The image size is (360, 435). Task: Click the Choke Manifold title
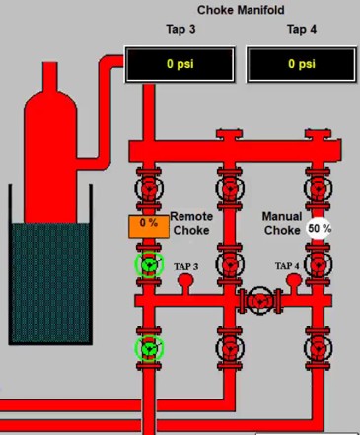tap(241, 10)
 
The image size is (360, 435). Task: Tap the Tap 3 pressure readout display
tap(180, 64)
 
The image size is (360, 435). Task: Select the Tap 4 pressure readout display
tap(302, 64)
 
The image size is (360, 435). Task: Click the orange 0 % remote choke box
tap(149, 227)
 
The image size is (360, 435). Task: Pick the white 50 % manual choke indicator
tap(319, 228)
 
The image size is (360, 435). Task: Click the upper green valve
tap(149, 264)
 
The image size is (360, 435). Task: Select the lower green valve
tap(149, 348)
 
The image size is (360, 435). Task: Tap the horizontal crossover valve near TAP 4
tap(260, 301)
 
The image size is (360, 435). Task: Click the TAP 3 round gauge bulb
tap(185, 281)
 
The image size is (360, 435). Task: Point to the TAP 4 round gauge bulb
tap(294, 280)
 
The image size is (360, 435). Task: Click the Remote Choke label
tap(191, 223)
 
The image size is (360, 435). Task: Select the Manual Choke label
tap(282, 223)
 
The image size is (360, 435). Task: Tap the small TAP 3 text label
tap(186, 266)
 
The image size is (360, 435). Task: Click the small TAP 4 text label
tap(287, 266)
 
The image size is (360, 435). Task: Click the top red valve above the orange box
tap(149, 188)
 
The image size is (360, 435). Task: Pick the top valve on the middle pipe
tap(230, 188)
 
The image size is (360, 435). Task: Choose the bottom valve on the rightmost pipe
tap(318, 348)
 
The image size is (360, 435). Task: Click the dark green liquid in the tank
tap(50, 283)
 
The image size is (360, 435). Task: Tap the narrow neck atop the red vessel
tap(50, 76)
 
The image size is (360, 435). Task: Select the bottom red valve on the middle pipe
tap(230, 348)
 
